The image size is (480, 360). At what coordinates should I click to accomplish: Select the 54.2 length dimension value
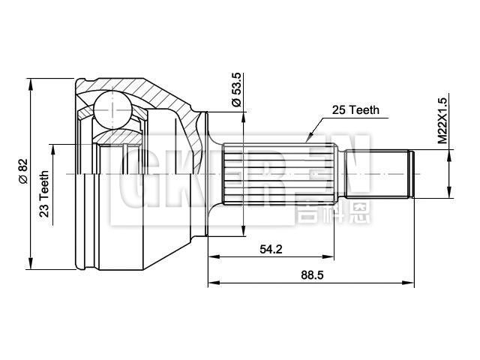[271, 250]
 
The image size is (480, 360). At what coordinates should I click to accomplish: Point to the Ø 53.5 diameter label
[237, 90]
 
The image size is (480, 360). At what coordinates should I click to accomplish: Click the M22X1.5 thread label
[442, 120]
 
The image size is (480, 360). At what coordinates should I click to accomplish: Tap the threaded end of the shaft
[379, 174]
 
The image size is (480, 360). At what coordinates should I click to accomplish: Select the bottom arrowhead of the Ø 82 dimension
[31, 265]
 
